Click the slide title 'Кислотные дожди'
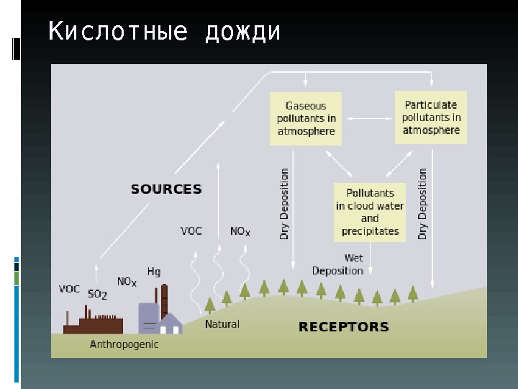(x=164, y=32)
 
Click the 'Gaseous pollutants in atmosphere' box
(x=306, y=118)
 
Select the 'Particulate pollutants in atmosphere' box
(x=431, y=117)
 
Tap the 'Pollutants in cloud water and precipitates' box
(x=370, y=212)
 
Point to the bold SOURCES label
(x=166, y=189)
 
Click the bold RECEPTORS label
(x=343, y=327)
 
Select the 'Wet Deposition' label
(x=339, y=264)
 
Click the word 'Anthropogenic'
(x=124, y=345)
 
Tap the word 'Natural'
(x=222, y=324)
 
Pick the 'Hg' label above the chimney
(x=154, y=272)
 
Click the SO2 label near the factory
(x=97, y=294)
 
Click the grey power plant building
(x=149, y=318)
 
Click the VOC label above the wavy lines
(x=191, y=231)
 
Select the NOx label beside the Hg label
(x=127, y=282)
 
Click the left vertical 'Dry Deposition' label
(x=285, y=204)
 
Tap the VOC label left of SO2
(x=69, y=289)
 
